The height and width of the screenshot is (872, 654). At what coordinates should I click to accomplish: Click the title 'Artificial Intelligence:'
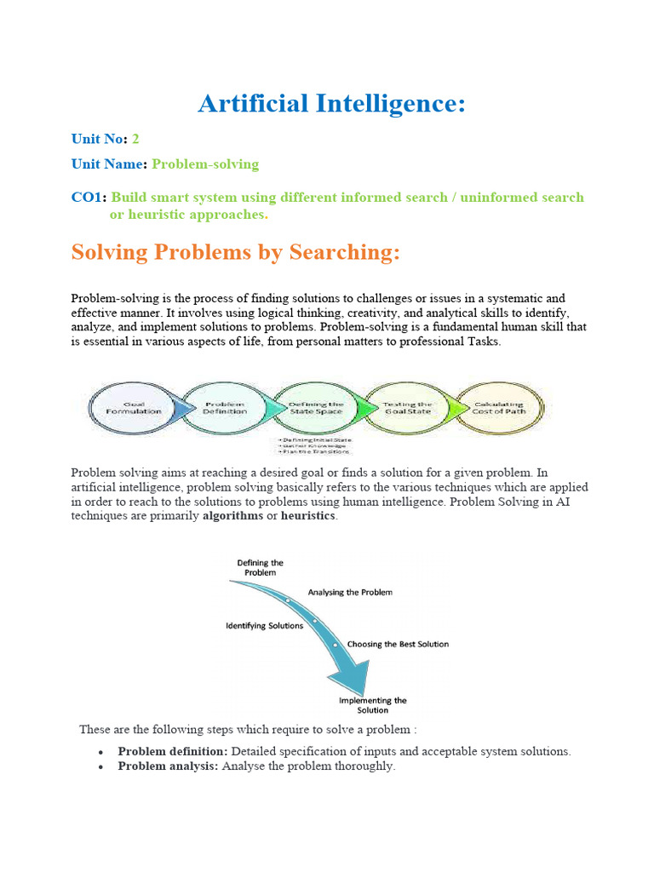pos(332,104)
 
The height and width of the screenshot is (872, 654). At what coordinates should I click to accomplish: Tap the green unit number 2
pos(135,138)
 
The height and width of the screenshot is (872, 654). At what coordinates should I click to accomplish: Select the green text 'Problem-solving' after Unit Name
pos(205,163)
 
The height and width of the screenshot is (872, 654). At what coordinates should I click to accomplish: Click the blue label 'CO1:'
pos(89,198)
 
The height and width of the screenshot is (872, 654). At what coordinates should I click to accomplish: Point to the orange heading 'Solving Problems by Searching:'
pos(235,252)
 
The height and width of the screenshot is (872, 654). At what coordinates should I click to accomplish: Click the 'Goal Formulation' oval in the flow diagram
pos(134,407)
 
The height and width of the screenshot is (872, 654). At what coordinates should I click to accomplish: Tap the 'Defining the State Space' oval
pos(317,407)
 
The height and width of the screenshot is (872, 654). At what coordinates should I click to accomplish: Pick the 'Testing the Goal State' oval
pos(407,407)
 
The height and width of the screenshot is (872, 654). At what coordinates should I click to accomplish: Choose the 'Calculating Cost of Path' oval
pos(499,407)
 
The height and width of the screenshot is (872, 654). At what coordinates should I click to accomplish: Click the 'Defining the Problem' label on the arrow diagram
pos(260,568)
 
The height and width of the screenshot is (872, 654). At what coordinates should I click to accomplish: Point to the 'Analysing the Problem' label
pos(350,592)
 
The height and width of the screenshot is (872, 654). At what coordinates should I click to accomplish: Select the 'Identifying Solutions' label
pos(264,625)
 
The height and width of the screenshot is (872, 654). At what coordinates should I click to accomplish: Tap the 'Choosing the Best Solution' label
pos(398,644)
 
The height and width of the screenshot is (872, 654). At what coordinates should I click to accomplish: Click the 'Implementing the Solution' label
pos(373,705)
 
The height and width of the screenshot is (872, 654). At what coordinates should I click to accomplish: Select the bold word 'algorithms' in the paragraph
pos(232,517)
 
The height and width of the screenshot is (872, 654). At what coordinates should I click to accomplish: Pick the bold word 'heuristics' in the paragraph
pos(308,517)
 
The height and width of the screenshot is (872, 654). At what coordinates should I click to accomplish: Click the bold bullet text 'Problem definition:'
pos(173,751)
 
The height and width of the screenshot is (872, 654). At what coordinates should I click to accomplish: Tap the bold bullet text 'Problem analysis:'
pos(168,766)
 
